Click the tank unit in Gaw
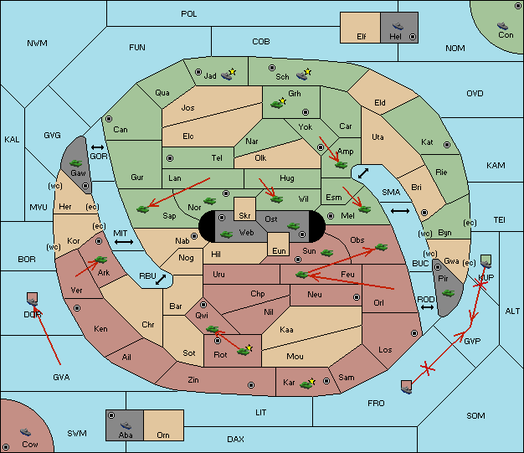click(x=76, y=163)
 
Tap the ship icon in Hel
click(x=398, y=26)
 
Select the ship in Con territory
click(x=502, y=26)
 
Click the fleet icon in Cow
click(x=25, y=432)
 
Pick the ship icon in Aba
click(x=126, y=425)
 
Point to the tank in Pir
click(x=448, y=293)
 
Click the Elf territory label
click(x=362, y=37)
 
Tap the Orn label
click(x=163, y=435)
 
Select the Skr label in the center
click(x=244, y=216)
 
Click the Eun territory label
click(x=279, y=250)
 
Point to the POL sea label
click(x=189, y=14)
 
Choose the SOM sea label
click(x=475, y=415)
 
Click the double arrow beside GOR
click(x=98, y=147)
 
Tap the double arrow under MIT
click(x=124, y=242)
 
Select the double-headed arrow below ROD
click(x=427, y=307)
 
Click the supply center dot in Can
click(x=109, y=119)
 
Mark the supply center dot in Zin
click(x=251, y=385)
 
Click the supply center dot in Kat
click(x=447, y=145)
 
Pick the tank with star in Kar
click(x=307, y=384)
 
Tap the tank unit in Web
click(x=226, y=234)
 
